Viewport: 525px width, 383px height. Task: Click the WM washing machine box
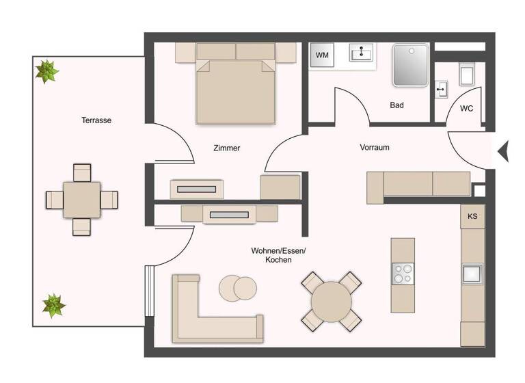click(x=322, y=55)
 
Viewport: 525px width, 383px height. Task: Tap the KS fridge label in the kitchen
click(x=472, y=216)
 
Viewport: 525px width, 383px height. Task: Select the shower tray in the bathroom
click(x=411, y=65)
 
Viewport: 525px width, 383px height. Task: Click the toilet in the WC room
click(x=468, y=74)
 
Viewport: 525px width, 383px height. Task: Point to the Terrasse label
click(x=96, y=120)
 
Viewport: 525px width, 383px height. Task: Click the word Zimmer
click(x=226, y=148)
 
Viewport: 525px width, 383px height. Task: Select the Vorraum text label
click(x=375, y=147)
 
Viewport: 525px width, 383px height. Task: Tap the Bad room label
click(x=396, y=105)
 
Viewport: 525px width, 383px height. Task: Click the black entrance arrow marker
click(x=503, y=151)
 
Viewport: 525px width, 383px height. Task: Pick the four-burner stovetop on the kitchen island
click(x=403, y=274)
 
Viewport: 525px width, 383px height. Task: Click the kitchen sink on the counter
click(x=472, y=274)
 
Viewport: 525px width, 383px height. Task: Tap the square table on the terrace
click(x=82, y=200)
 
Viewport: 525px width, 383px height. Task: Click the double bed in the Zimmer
click(x=236, y=85)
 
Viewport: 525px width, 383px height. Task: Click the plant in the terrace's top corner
click(x=47, y=70)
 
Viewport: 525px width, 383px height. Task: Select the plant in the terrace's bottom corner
click(x=53, y=305)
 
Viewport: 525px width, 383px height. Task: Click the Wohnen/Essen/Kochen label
click(x=278, y=255)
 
